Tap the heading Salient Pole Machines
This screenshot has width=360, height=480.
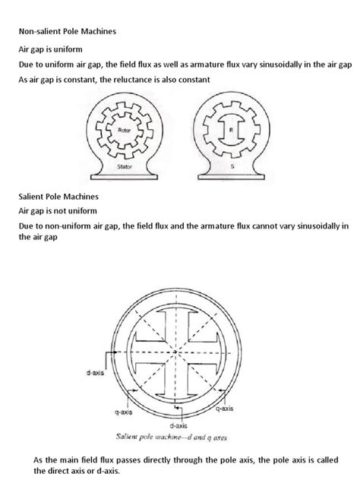53,197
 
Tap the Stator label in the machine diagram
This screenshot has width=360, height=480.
125,163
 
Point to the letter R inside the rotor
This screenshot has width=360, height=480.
231,131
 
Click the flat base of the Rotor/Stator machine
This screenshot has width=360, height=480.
125,174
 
